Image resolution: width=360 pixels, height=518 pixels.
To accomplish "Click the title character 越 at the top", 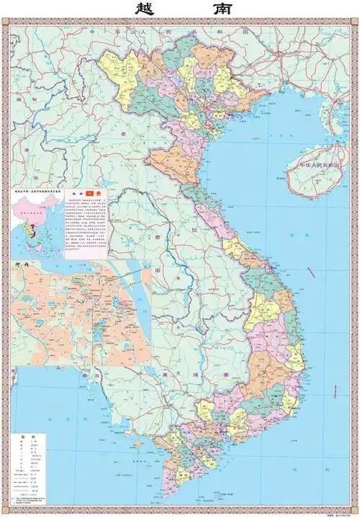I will click(x=146, y=10).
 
